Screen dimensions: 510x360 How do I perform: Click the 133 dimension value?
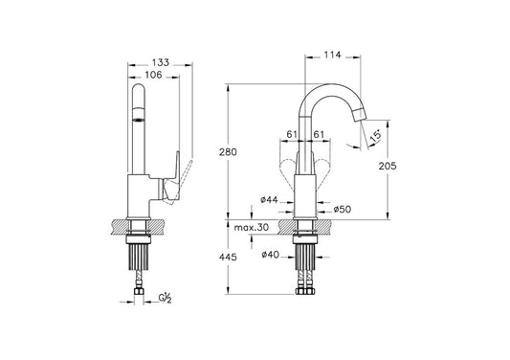[x=161, y=62]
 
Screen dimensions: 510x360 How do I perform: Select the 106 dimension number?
[x=153, y=75]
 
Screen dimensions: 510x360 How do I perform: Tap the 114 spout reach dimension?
[x=332, y=55]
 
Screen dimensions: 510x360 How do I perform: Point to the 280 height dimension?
[x=228, y=152]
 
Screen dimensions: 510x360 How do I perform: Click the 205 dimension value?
[x=388, y=166]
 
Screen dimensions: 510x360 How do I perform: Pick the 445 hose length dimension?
[x=228, y=258]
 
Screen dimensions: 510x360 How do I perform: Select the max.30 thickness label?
[x=252, y=227]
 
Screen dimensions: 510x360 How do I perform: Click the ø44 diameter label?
[x=269, y=199]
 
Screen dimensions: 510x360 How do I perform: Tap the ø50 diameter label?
[x=343, y=210]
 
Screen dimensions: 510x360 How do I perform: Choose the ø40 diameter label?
[x=270, y=255]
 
